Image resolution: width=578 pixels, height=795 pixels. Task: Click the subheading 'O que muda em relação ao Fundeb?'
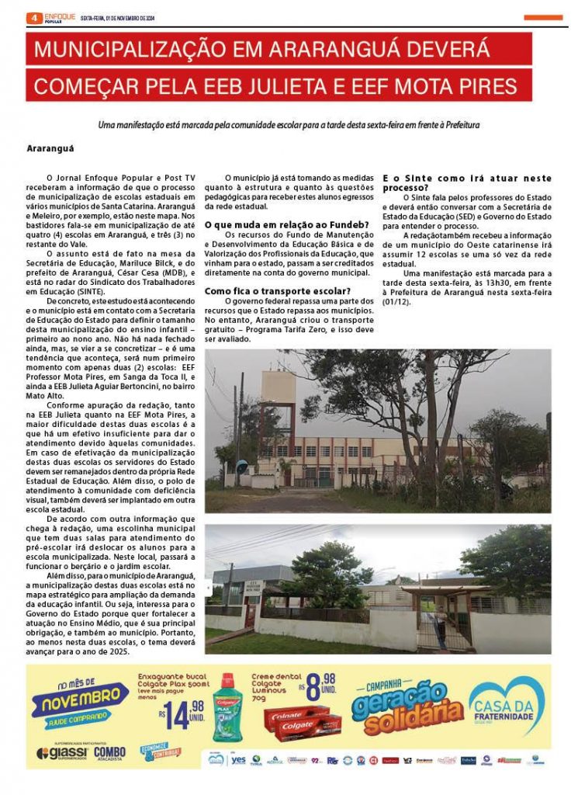286,224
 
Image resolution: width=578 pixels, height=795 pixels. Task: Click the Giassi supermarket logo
62,753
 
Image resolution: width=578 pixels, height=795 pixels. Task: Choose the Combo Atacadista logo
109,752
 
